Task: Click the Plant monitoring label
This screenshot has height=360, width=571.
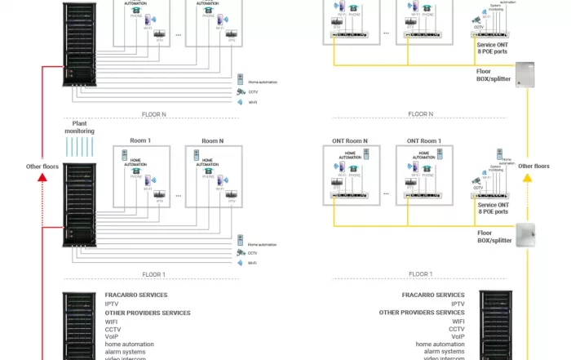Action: (80, 126)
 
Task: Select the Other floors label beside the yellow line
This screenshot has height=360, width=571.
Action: (534, 166)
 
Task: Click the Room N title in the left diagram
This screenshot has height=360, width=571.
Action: (212, 140)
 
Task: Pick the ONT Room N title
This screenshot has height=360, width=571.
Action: (350, 140)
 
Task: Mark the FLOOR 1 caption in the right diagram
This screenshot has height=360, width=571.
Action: (420, 274)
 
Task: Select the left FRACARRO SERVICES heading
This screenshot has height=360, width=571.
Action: (136, 296)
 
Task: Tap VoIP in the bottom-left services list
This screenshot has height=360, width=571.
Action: (113, 336)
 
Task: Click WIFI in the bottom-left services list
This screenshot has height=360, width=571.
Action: (112, 322)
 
